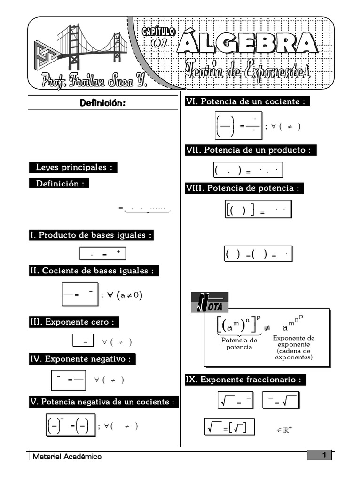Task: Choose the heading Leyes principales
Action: (x=73, y=168)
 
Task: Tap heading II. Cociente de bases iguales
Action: (x=94, y=271)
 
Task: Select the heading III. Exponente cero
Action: (x=74, y=322)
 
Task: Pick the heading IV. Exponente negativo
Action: (x=82, y=359)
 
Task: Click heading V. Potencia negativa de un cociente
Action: (x=104, y=402)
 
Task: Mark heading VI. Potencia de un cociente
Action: (x=247, y=101)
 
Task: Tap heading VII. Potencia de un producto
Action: (x=251, y=150)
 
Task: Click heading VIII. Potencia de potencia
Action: (x=244, y=188)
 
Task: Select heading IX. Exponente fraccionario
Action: (x=245, y=380)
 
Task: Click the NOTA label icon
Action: (x=210, y=303)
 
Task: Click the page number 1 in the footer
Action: (x=324, y=455)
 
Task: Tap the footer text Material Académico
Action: (x=67, y=457)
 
